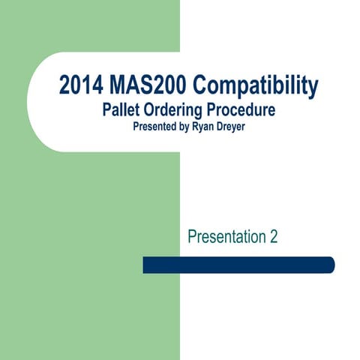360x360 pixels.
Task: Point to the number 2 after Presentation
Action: point(273,237)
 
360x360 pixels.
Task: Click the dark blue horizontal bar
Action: point(238,265)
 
